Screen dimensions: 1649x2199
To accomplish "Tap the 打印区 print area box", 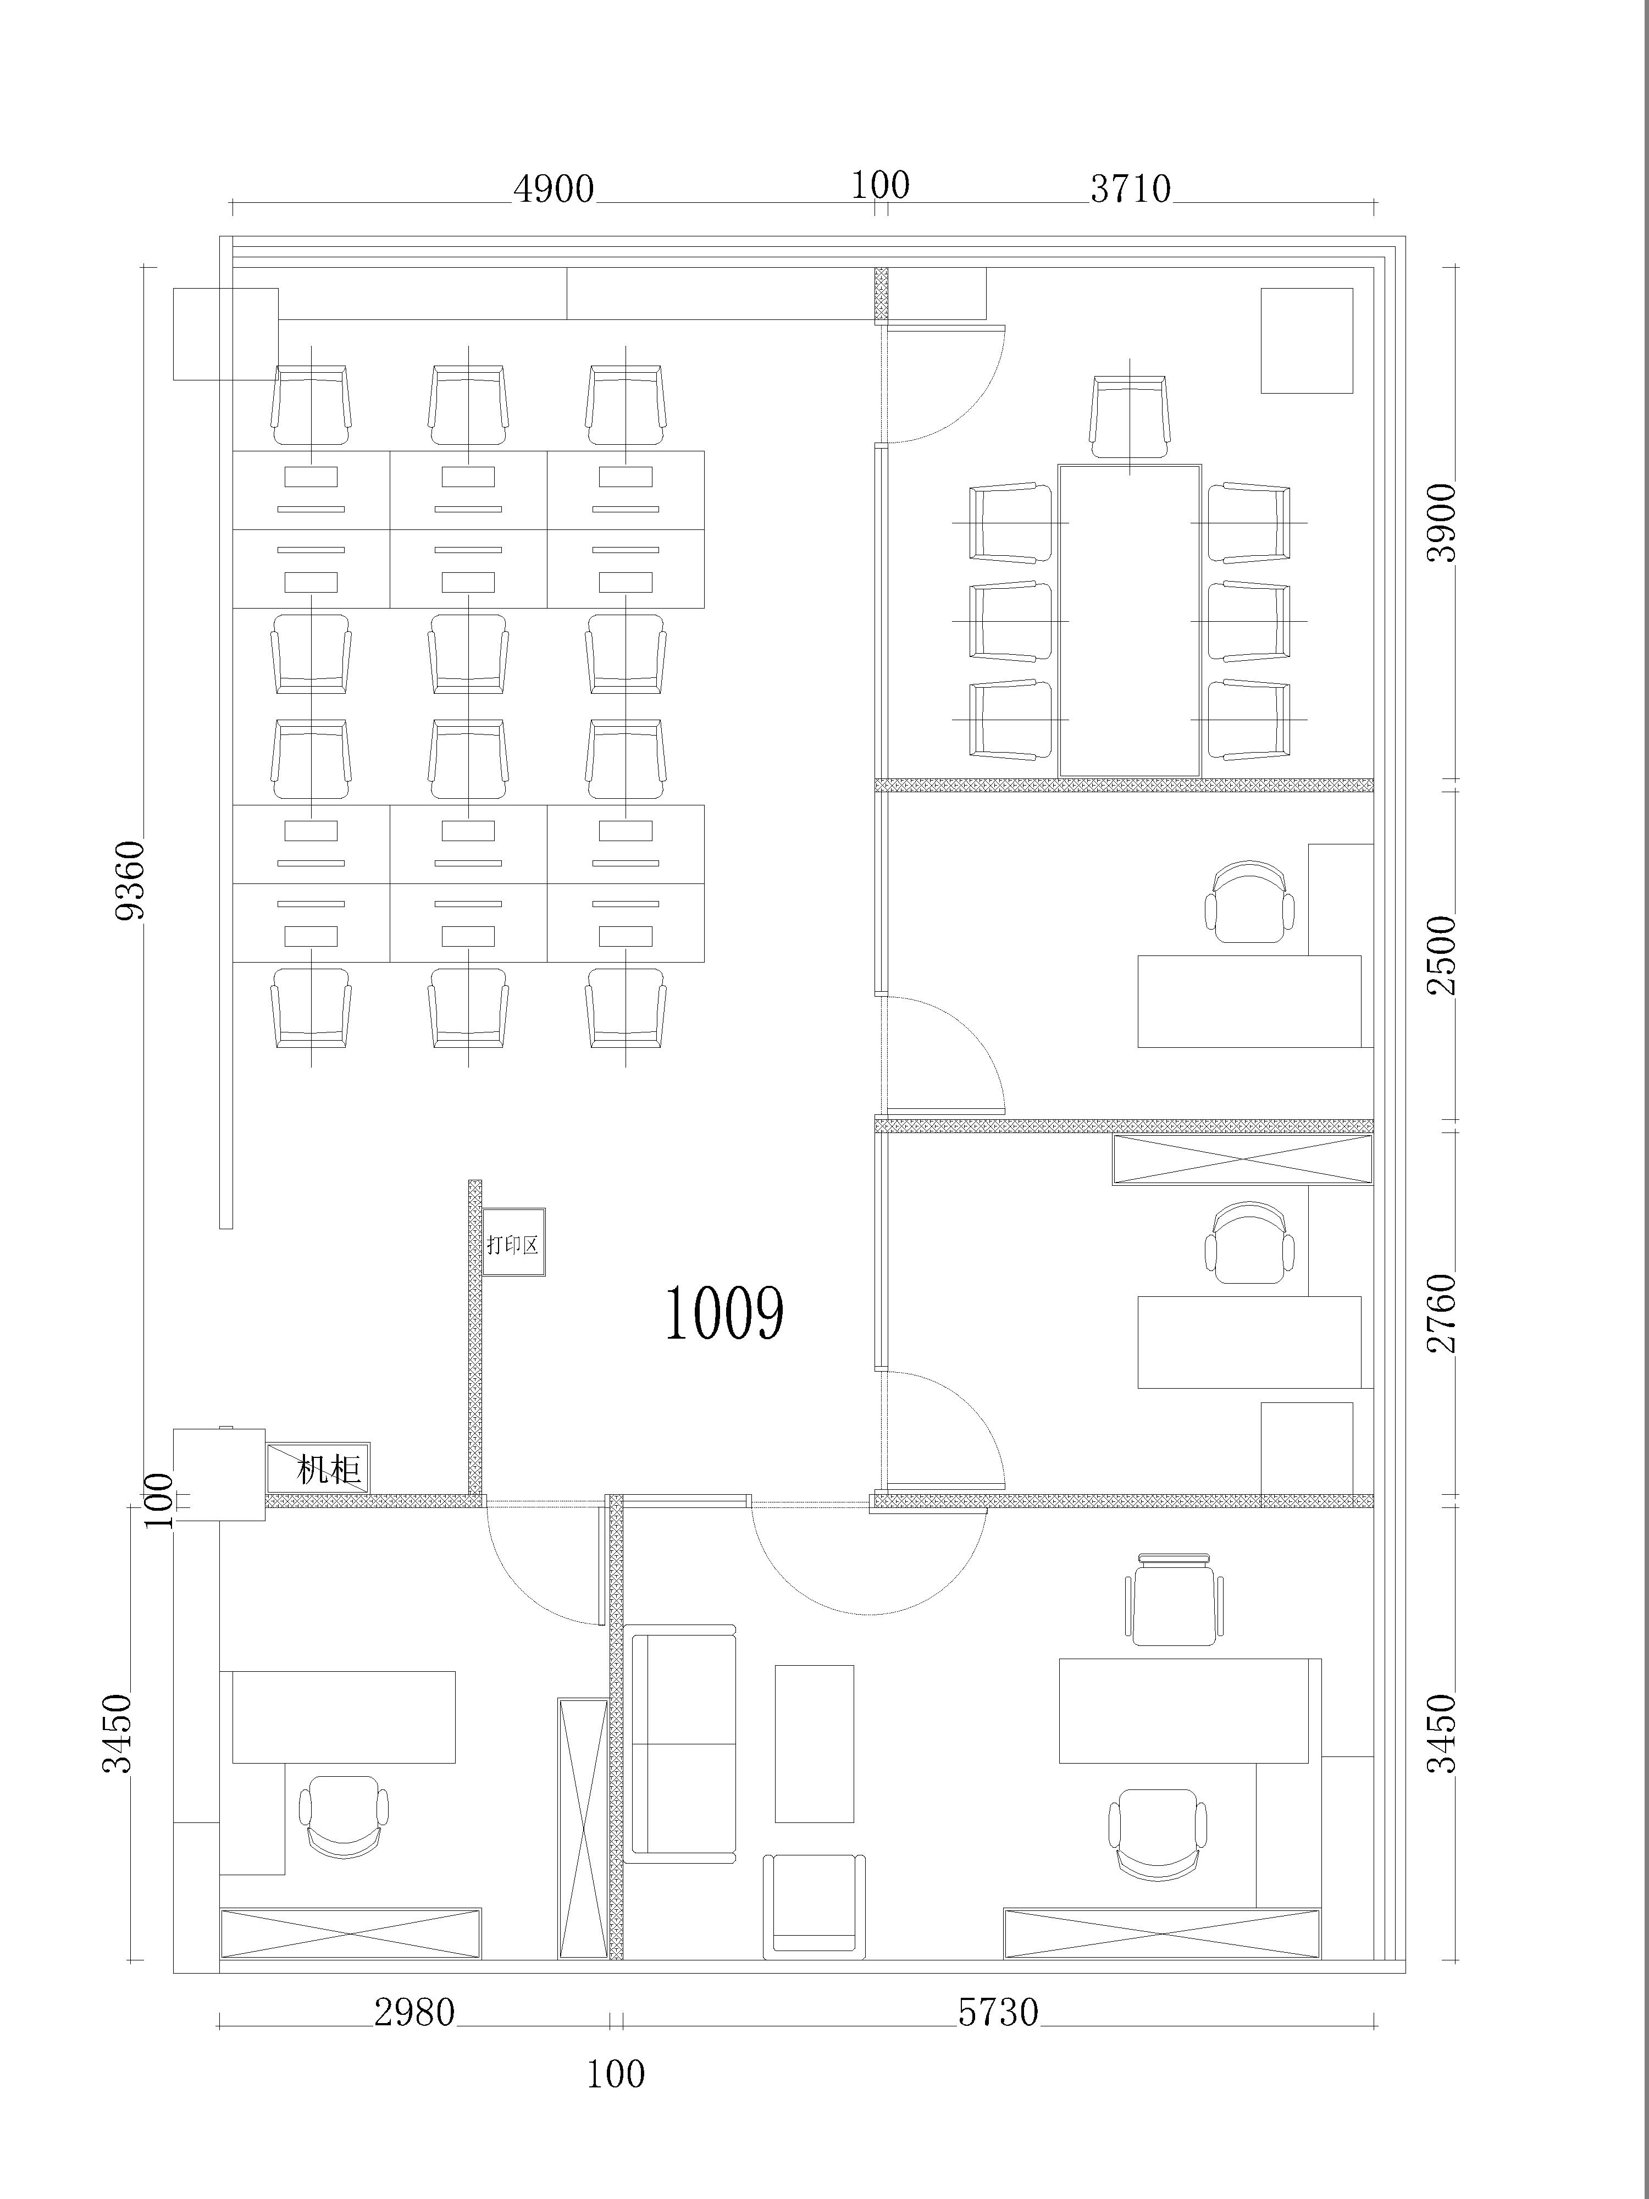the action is (513, 1242).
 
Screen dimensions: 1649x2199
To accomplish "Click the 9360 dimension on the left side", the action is (130, 881).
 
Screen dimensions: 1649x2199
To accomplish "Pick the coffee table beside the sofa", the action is (814, 1744).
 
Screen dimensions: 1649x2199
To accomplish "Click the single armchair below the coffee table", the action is (814, 1907).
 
